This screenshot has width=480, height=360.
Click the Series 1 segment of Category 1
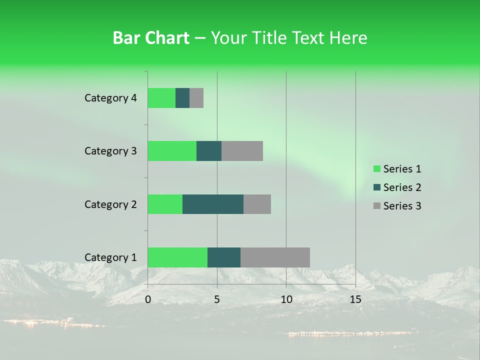pyautogui.click(x=177, y=257)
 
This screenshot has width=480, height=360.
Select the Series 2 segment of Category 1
pyautogui.click(x=224, y=257)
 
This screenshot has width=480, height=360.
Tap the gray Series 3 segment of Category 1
pyautogui.click(x=275, y=257)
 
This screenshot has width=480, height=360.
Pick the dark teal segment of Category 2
pyautogui.click(x=213, y=204)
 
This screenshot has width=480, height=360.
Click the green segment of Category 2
pyautogui.click(x=165, y=204)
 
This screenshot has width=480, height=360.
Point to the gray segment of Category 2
pyautogui.click(x=257, y=204)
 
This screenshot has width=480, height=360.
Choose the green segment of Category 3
pyautogui.click(x=172, y=151)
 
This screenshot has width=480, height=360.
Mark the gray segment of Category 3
pyautogui.click(x=242, y=151)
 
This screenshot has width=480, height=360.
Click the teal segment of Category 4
pyautogui.click(x=182, y=98)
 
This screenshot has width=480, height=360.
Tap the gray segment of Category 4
pyautogui.click(x=196, y=98)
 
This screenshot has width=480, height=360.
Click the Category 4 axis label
pyautogui.click(x=110, y=98)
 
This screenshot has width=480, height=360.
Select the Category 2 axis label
pyautogui.click(x=110, y=204)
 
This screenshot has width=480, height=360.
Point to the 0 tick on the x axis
pyautogui.click(x=148, y=299)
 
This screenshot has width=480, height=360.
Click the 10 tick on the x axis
pyautogui.click(x=286, y=299)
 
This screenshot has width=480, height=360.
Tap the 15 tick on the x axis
pyautogui.click(x=355, y=299)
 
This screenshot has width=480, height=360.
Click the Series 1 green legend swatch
pyautogui.click(x=376, y=169)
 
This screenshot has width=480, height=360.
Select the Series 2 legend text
pyautogui.click(x=402, y=187)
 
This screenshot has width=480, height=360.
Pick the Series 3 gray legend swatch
pyautogui.click(x=376, y=206)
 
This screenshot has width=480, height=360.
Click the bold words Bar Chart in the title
pyautogui.click(x=151, y=37)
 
